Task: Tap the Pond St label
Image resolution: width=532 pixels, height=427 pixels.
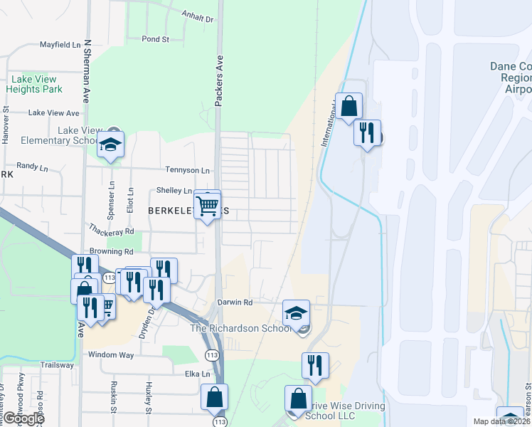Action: tap(154, 39)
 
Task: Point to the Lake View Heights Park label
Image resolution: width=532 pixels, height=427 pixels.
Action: tap(34, 85)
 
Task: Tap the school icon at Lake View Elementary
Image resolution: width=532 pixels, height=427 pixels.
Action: tap(111, 145)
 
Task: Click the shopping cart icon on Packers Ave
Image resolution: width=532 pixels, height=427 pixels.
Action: tap(208, 206)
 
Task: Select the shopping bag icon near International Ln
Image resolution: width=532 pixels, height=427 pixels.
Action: tap(349, 107)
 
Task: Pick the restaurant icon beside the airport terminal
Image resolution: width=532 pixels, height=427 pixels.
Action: tap(367, 133)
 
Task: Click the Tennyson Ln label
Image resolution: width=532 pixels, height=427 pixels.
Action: tap(188, 171)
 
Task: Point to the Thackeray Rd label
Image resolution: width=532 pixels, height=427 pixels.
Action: tap(112, 231)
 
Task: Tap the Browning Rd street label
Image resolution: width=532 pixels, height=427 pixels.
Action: tap(112, 251)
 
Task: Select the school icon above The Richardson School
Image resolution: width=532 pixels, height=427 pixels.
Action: tap(296, 312)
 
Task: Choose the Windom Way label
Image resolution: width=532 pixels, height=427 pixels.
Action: tap(111, 354)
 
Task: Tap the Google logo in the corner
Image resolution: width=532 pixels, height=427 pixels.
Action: tap(23, 418)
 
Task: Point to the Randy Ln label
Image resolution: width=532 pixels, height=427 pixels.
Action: tap(31, 164)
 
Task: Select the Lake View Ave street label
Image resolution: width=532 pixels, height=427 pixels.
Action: tap(53, 113)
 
